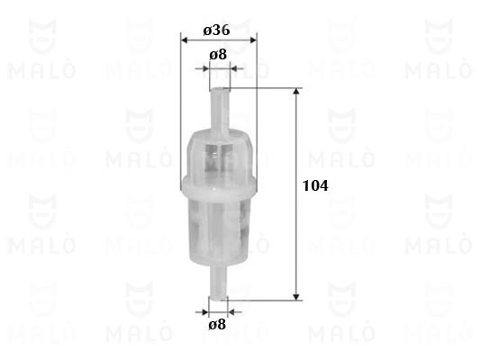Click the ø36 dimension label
pos(216,31)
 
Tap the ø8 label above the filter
pos(218,54)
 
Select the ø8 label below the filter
pos(217,324)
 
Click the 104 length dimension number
pos(315,185)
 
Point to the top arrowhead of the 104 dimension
pos(296,92)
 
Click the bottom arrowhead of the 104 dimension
pos(296,297)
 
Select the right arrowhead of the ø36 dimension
pos(253,40)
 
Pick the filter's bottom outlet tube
pos(218,282)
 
